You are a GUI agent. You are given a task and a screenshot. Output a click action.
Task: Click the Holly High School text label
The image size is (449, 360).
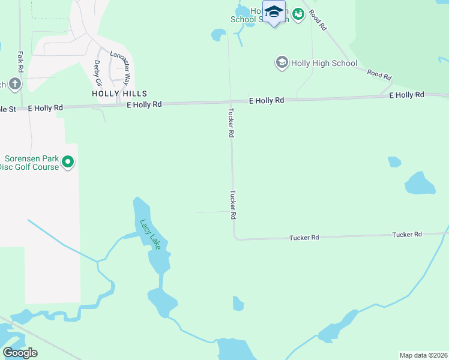324,63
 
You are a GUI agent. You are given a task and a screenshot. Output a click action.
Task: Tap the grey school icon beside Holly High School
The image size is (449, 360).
281,62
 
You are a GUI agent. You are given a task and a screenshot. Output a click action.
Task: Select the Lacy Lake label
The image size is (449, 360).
150,234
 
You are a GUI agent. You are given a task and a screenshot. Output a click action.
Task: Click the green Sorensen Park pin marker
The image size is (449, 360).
68,162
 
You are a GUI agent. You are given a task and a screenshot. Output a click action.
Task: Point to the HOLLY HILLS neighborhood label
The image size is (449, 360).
119,94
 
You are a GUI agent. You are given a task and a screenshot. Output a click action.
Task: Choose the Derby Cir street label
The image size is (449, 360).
98,72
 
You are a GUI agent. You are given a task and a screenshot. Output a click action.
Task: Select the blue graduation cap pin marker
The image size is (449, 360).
274,12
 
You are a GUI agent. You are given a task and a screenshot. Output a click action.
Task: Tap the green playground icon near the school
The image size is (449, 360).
298,11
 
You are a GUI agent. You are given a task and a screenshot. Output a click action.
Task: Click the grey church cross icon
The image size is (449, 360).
15,84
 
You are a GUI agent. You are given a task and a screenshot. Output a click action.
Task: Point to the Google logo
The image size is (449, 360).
20,353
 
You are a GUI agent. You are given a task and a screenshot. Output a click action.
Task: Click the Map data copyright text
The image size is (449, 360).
423,355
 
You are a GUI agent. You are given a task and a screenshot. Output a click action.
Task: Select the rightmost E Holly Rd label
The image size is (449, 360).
406,95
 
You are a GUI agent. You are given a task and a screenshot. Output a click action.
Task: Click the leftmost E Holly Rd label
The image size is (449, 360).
46,108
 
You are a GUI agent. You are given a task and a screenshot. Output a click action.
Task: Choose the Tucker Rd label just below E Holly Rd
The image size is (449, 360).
231,123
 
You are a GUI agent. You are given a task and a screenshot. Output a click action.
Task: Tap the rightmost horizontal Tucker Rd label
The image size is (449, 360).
406,234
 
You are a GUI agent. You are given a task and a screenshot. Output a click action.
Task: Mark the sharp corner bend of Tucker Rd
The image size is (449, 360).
235,238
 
